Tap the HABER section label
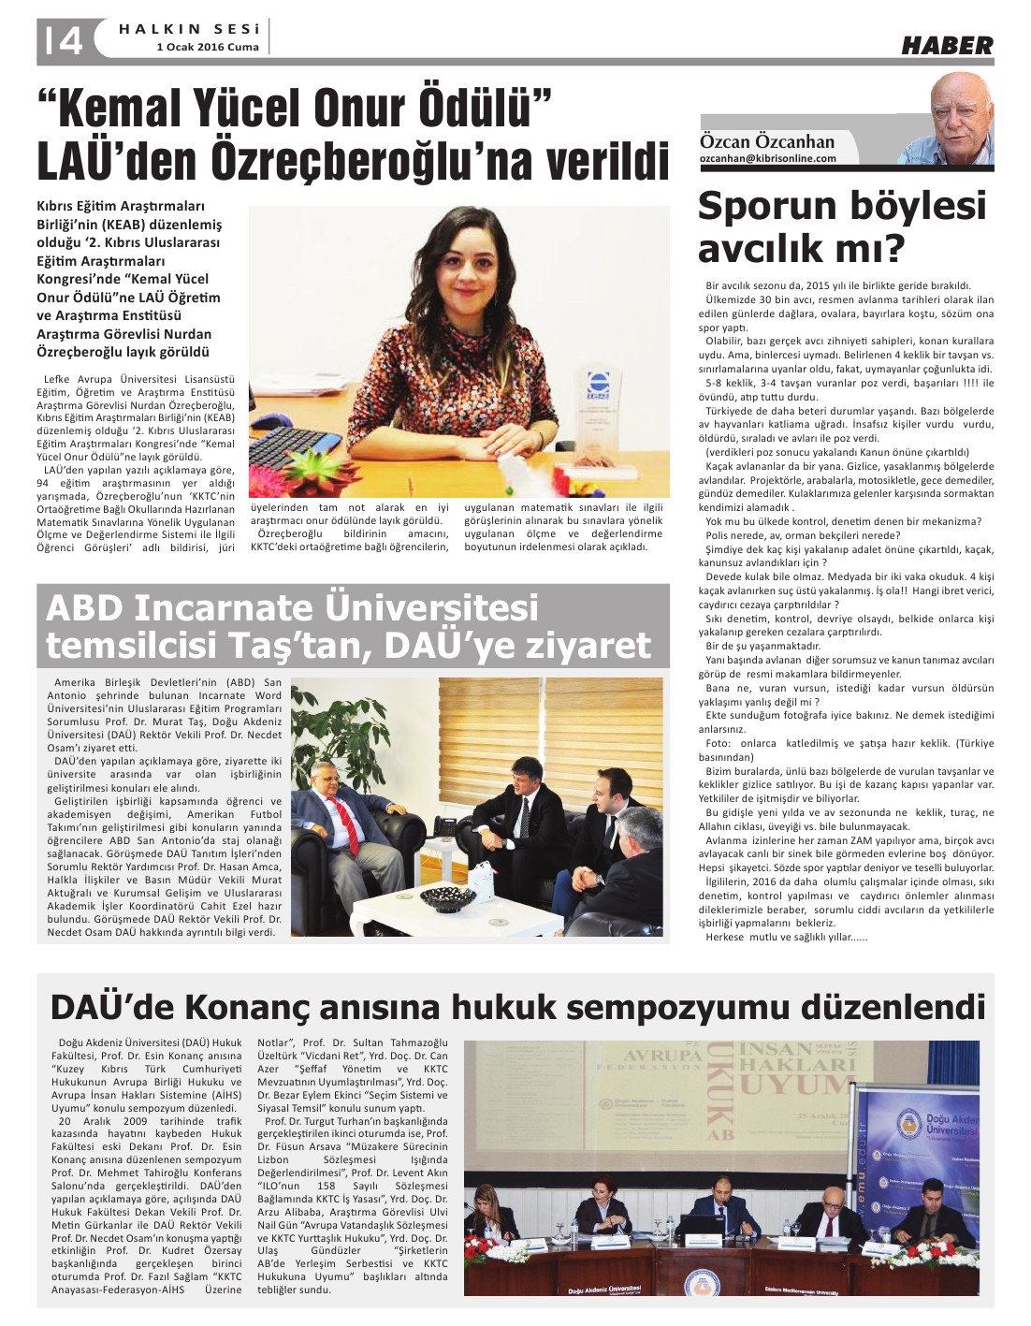[946, 45]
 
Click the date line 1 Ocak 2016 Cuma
[208, 47]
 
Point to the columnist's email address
[768, 159]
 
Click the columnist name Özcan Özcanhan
[767, 141]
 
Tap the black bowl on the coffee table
[448, 899]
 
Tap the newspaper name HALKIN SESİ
[189, 29]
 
